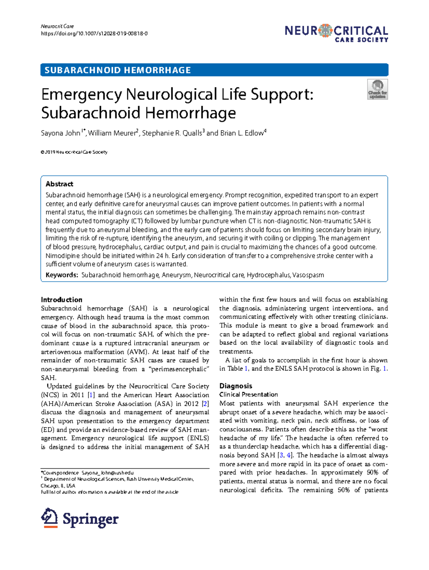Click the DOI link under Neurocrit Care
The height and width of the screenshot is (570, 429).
click(94, 34)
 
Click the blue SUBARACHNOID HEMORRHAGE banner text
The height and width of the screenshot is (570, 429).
click(118, 70)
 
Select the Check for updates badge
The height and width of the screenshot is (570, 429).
click(378, 89)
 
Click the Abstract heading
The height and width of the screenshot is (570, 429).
click(59, 184)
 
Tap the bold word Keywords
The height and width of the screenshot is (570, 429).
click(61, 275)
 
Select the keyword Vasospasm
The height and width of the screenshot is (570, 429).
click(309, 275)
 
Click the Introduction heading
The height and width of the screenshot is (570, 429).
click(61, 300)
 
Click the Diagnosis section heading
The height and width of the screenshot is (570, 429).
click(236, 386)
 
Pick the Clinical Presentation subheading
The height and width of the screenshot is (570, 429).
click(248, 395)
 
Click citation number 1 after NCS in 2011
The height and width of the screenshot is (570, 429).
click(91, 395)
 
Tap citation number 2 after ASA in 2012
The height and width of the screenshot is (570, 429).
click(205, 404)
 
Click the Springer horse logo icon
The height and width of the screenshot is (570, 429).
click(49, 518)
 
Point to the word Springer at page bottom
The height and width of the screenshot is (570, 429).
click(90, 519)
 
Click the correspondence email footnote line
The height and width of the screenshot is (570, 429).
click(88, 473)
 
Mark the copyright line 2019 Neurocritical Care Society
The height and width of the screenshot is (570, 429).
click(74, 152)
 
